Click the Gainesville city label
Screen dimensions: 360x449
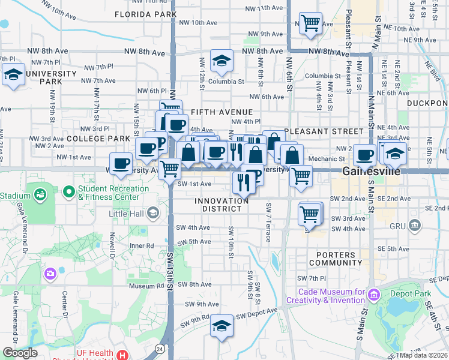tap(367, 171)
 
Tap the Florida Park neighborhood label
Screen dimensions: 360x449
tap(145, 14)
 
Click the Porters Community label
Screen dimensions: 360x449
tap(335, 258)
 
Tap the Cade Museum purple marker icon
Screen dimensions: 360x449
tap(375, 295)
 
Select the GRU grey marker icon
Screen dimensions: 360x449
tap(414, 226)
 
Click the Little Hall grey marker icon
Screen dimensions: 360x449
tap(153, 212)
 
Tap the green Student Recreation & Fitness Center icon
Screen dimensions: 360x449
tap(69, 193)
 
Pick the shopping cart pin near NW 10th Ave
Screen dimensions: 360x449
tap(310, 25)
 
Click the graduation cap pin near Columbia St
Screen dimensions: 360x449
tap(221, 61)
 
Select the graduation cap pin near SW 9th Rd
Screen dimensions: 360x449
tap(222, 326)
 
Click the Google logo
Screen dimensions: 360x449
tap(20, 353)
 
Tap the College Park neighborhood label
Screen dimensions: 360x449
tap(98, 139)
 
